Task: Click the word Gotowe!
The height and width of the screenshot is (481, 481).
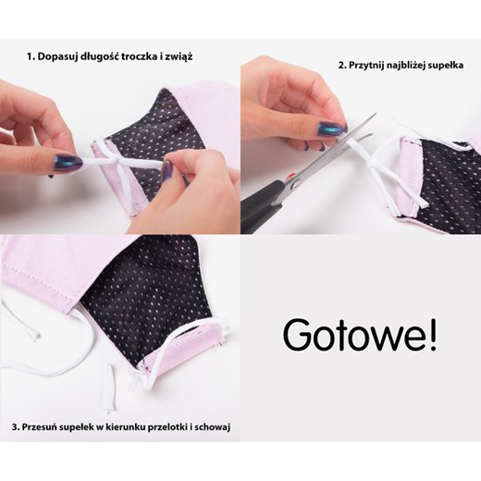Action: click(x=360, y=337)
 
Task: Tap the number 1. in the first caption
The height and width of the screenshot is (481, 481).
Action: click(x=31, y=57)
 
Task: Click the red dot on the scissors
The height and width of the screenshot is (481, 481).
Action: click(x=290, y=177)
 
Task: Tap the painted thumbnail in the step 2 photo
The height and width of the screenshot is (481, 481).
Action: click(x=331, y=129)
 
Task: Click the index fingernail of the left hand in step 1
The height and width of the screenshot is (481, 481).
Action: click(x=68, y=163)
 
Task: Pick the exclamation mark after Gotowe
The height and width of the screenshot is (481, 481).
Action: click(x=433, y=336)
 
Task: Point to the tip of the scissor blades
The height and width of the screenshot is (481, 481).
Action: click(x=376, y=114)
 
